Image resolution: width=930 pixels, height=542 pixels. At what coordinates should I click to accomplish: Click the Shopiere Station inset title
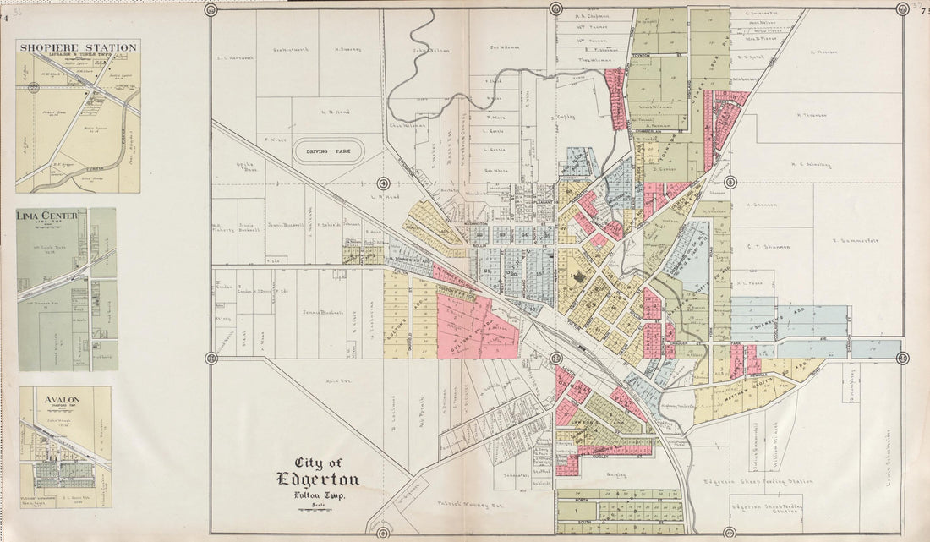tap(78, 47)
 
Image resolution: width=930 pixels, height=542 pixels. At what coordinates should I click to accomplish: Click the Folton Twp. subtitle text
tap(319, 495)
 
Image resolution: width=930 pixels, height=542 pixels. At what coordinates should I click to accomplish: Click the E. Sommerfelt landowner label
tap(855, 240)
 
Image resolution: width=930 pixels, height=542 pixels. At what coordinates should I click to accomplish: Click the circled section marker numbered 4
tap(383, 183)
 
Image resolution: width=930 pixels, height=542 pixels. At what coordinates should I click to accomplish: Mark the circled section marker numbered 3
tap(730, 183)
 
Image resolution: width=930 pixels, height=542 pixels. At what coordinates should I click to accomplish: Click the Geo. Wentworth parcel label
tap(290, 49)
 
